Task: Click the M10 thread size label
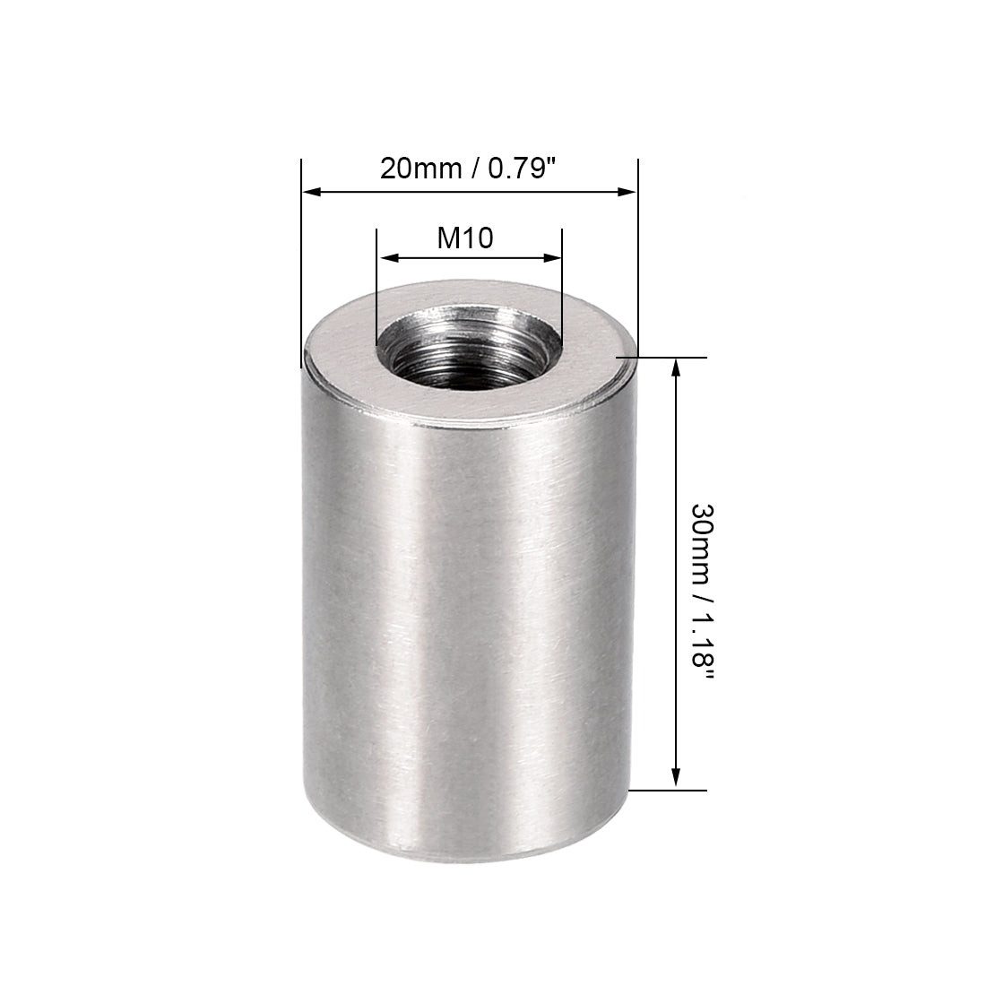pos(465,238)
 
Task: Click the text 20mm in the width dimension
pos(415,169)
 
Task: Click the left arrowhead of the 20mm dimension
pos(310,191)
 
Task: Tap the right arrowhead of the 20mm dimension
pos(628,191)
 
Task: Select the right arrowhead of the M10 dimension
pos(553,258)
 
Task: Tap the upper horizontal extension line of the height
pos(663,357)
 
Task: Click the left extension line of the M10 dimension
pos(376,287)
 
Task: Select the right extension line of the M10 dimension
pos(562,287)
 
